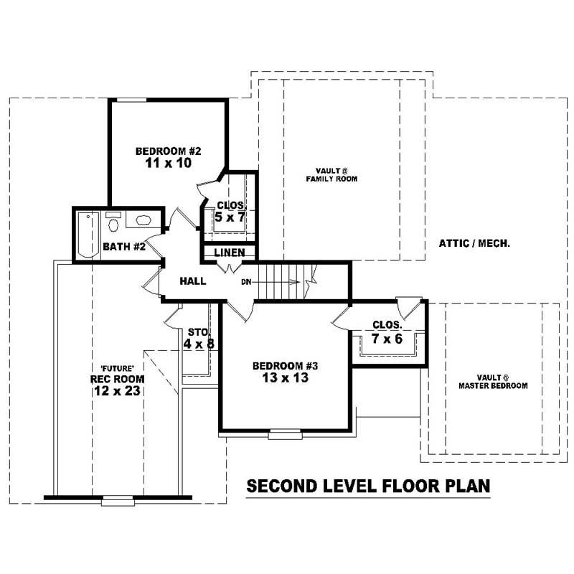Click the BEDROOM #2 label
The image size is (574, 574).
click(169, 151)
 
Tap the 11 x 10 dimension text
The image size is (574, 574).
click(169, 164)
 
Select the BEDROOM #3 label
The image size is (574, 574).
click(285, 366)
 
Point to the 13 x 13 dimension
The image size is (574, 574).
click(285, 378)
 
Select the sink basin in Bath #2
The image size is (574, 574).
click(143, 221)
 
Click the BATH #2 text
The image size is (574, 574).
click(124, 248)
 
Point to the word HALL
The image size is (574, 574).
click(193, 281)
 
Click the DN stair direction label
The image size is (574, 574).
click(245, 281)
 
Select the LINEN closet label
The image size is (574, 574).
click(230, 253)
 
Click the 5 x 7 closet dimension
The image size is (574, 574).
click(229, 217)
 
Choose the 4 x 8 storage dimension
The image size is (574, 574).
click(198, 344)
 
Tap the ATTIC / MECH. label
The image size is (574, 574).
click(474, 243)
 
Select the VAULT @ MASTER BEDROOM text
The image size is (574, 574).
click(493, 382)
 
